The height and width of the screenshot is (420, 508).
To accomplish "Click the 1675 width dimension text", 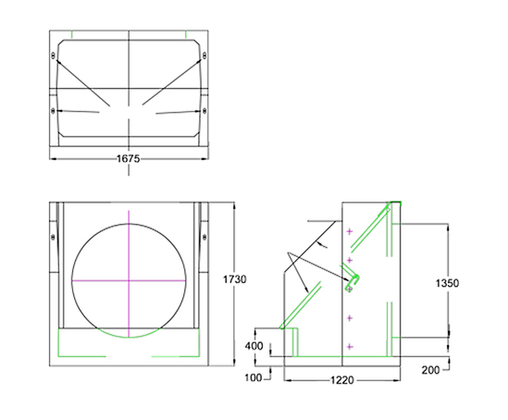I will pos(128,159).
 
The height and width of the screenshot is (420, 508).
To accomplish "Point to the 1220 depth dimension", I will pos(343,380).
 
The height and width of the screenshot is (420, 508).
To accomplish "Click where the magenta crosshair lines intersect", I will pos(130,278).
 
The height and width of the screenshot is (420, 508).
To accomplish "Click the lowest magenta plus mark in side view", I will pos(350,345).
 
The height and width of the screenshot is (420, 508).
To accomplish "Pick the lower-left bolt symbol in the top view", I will pos(55,112).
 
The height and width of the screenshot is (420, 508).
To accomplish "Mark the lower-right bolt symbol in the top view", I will pos(202,112).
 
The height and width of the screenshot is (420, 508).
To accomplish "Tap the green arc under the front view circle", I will pos(130,330).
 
